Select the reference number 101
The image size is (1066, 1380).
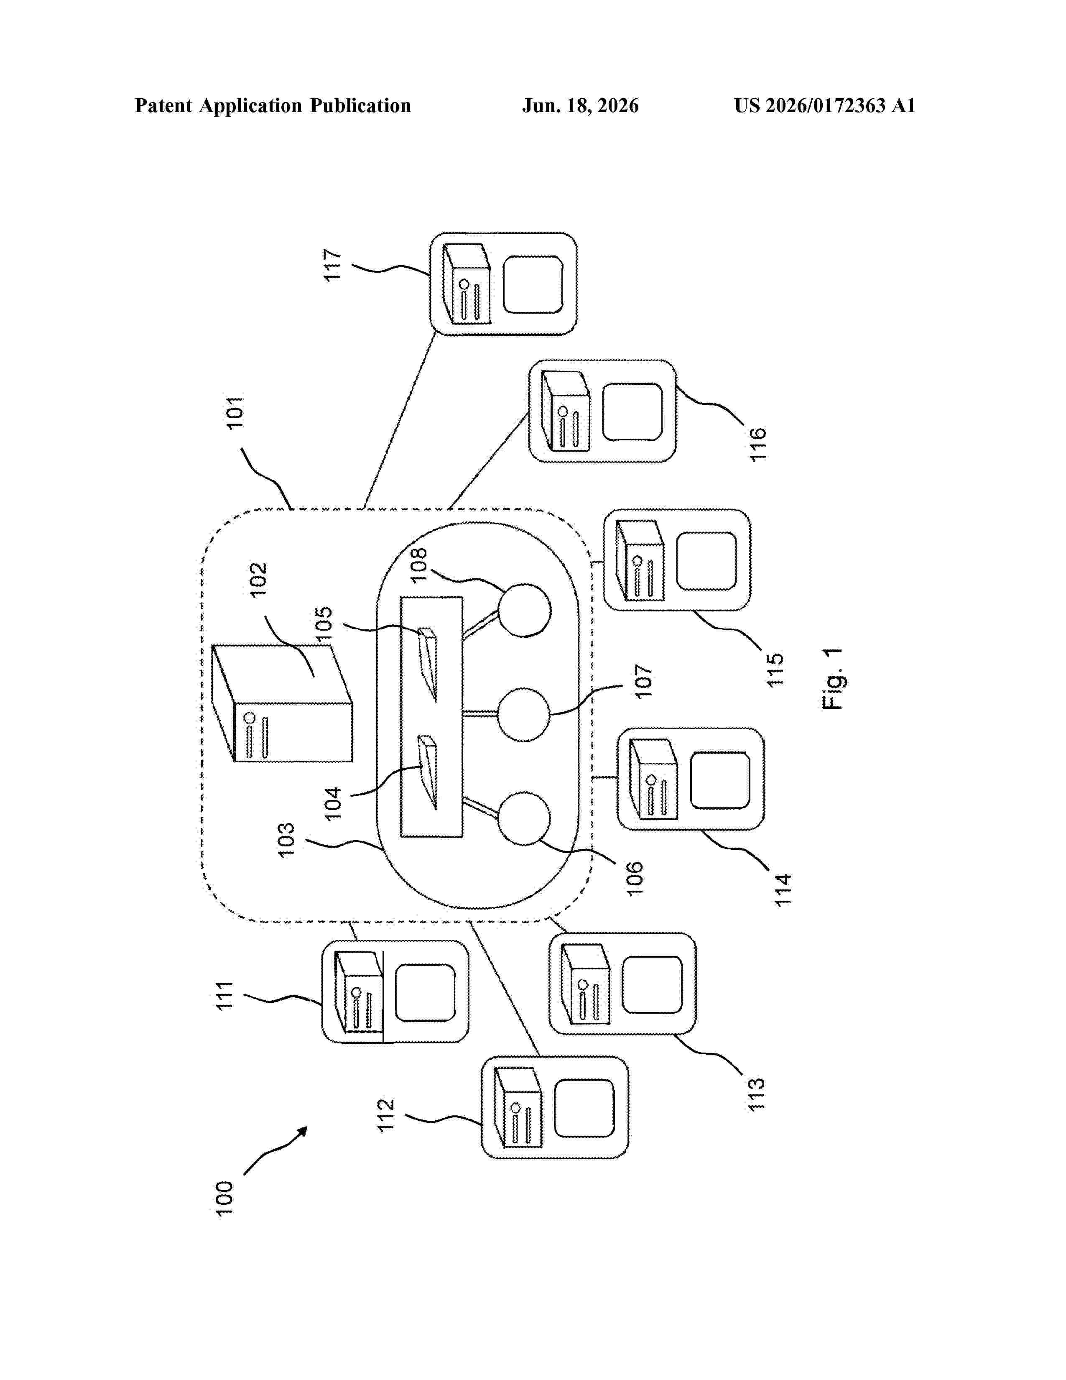(x=235, y=413)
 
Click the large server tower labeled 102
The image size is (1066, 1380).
(x=282, y=703)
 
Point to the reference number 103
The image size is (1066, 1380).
(x=286, y=839)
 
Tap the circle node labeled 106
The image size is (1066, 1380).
(x=524, y=818)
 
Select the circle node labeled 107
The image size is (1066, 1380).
(x=524, y=715)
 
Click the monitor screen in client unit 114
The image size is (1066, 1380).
(x=720, y=780)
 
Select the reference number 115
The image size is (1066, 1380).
(x=774, y=669)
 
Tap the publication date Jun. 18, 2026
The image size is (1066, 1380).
(x=580, y=105)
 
